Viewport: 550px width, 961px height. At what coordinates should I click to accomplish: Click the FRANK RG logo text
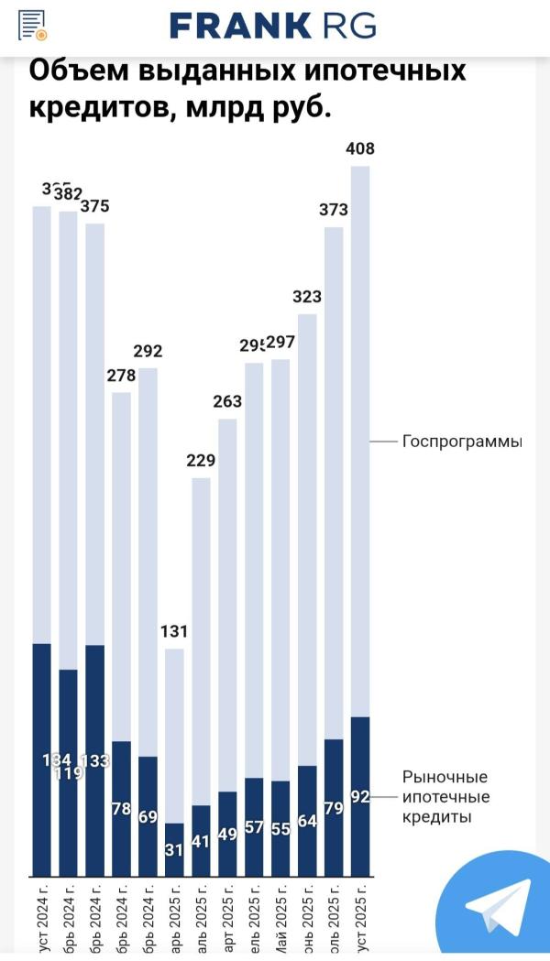click(273, 26)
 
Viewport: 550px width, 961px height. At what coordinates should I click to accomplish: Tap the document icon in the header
click(32, 25)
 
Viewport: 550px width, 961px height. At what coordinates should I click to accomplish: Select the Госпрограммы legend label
click(462, 442)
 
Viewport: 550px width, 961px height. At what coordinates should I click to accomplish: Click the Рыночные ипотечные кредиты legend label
click(445, 796)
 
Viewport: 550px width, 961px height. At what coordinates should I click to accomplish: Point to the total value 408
click(360, 148)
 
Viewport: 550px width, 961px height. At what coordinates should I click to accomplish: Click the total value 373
click(334, 210)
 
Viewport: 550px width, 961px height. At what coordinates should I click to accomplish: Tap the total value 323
click(307, 297)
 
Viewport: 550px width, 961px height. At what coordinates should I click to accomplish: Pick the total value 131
click(174, 631)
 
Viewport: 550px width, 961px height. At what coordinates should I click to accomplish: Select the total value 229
click(201, 460)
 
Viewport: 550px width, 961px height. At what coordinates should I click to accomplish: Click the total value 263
click(227, 401)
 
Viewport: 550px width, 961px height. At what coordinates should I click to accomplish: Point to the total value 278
click(121, 375)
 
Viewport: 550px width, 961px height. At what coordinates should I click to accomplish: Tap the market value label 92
click(360, 797)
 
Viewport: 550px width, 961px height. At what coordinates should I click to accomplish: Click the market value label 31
click(174, 849)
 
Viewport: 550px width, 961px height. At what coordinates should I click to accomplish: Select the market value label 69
click(148, 816)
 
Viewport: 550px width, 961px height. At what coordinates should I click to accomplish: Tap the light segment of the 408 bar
click(360, 440)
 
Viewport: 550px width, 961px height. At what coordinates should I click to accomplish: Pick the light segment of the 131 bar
click(174, 733)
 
